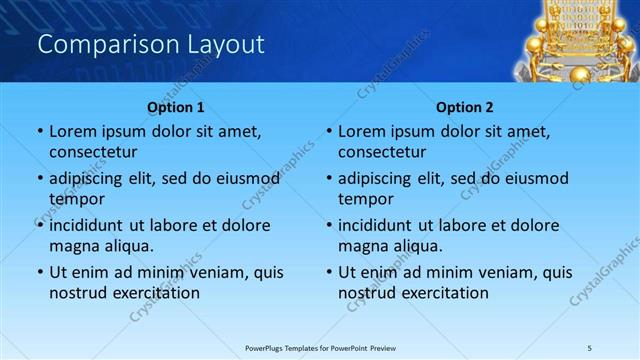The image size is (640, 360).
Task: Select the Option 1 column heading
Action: (x=176, y=107)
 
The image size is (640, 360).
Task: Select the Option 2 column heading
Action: (x=465, y=107)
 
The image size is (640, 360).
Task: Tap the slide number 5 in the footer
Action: (x=590, y=347)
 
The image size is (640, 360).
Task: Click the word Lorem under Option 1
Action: (x=73, y=131)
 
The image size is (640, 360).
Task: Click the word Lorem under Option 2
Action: (x=362, y=131)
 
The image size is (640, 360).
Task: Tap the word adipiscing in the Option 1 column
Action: (x=92, y=178)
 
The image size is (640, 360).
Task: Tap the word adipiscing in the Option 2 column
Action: (x=381, y=178)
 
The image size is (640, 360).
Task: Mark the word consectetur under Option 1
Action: (x=93, y=152)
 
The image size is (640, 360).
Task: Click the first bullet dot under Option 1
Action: (x=40, y=132)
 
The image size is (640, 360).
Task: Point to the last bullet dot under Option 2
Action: (x=329, y=273)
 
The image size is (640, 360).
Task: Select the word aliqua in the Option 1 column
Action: (x=129, y=246)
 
